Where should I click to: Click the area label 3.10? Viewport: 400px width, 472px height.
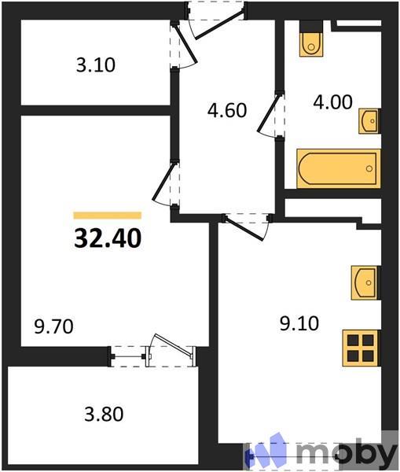95,66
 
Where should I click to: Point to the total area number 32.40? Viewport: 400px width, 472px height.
108,237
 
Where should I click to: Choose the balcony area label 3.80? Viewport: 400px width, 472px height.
104,413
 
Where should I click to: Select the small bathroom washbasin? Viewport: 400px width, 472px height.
369,121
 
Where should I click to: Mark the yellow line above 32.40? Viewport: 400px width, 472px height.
108,215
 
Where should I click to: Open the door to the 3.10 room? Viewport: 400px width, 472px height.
184,49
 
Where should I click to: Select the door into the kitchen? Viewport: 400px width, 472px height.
247,225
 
